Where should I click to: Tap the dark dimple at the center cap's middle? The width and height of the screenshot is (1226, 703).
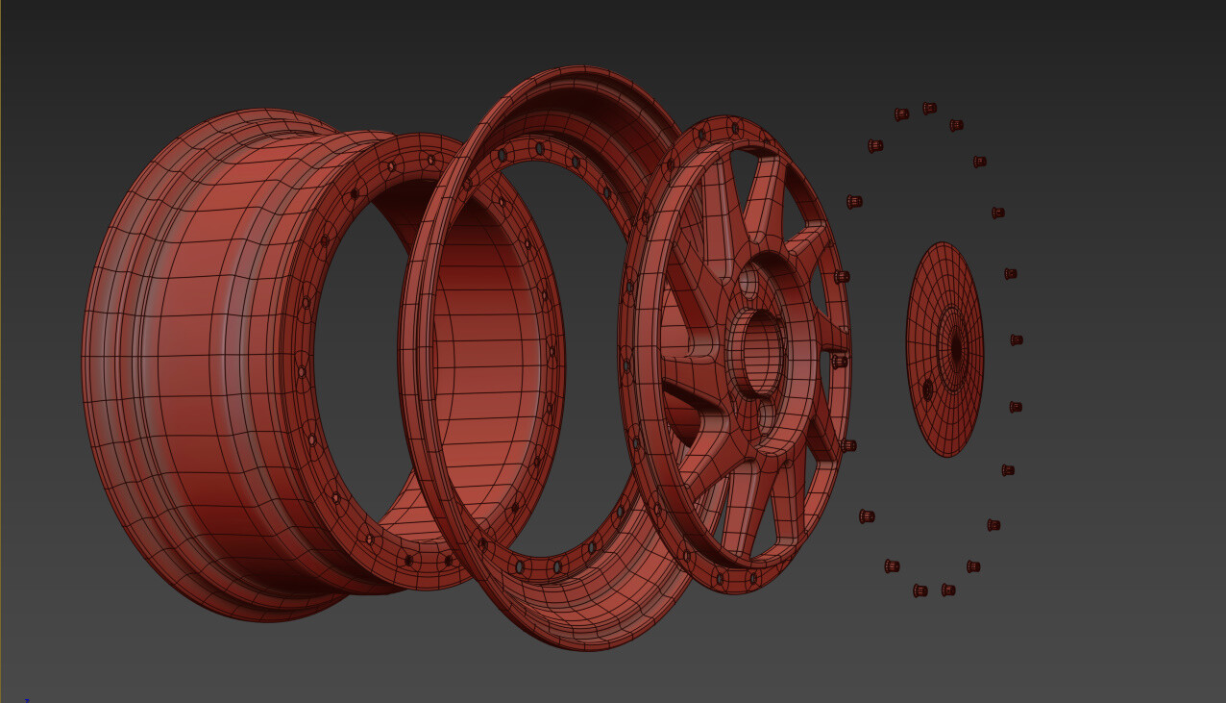pyautogui.click(x=955, y=348)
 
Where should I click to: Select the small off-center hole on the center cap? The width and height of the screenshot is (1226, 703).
pyautogui.click(x=927, y=389)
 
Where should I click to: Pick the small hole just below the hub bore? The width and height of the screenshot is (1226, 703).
pyautogui.click(x=766, y=415)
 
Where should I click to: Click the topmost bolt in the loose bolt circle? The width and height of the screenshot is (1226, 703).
pyautogui.click(x=929, y=108)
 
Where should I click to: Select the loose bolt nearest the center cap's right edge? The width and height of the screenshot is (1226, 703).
pyautogui.click(x=1016, y=339)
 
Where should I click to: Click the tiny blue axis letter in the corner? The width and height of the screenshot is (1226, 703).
pyautogui.click(x=27, y=700)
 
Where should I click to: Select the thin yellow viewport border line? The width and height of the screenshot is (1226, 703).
pyautogui.click(x=1, y=351)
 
